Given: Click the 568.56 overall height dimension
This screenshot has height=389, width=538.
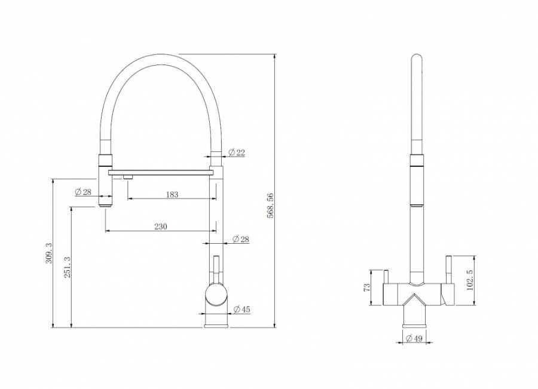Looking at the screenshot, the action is click(x=270, y=206).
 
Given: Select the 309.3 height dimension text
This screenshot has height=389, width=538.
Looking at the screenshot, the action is click(x=49, y=253).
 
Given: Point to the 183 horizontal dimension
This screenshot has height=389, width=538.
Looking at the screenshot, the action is click(x=172, y=195).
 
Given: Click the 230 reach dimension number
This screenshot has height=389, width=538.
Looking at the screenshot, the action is click(x=161, y=226).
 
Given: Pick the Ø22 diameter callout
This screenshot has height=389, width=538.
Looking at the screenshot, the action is click(x=237, y=152).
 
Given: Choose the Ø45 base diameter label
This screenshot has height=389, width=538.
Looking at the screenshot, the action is click(x=242, y=310).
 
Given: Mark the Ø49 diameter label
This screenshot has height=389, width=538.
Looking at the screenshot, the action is click(x=414, y=339).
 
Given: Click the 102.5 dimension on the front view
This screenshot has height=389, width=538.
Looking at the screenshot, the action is click(x=470, y=280).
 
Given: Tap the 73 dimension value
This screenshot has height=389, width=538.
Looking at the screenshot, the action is click(x=367, y=287).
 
